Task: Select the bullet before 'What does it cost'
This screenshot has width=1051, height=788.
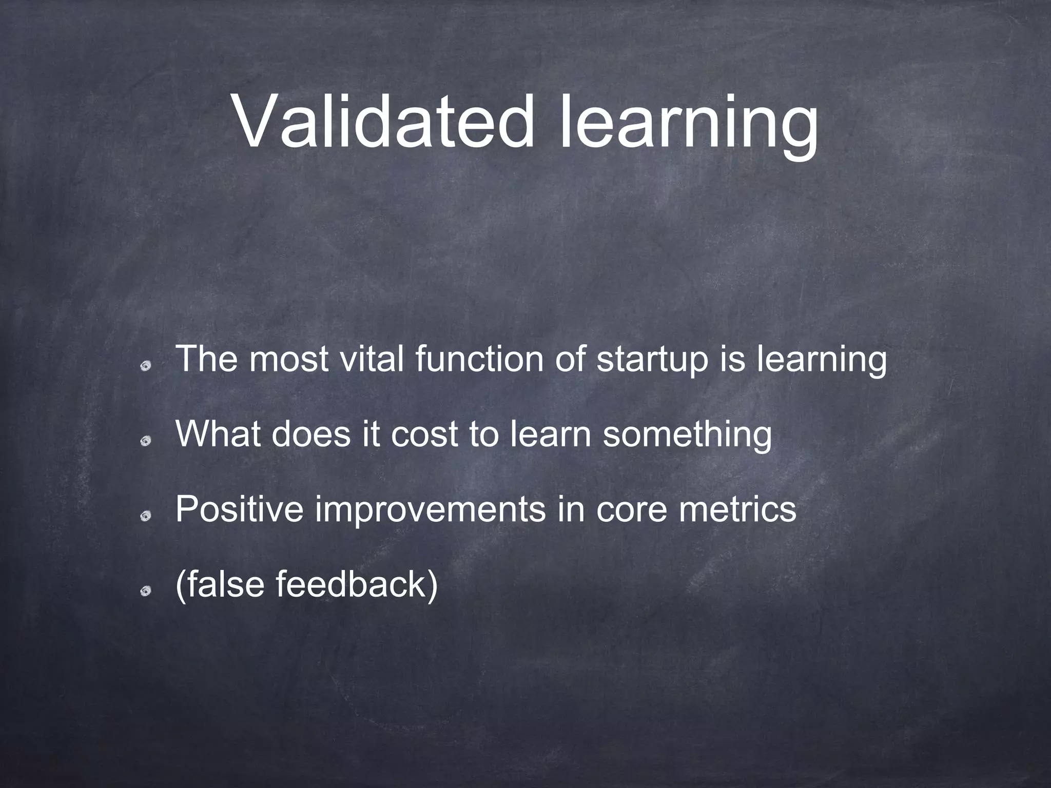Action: (x=146, y=441)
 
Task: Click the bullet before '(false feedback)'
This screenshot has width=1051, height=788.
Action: (x=146, y=592)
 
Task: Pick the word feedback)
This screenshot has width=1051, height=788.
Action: (x=357, y=585)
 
